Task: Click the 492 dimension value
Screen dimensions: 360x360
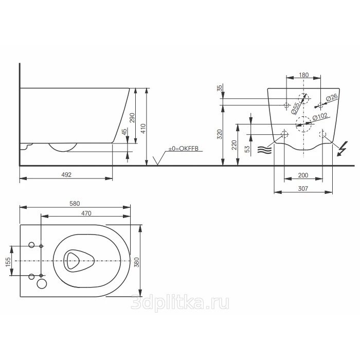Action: click(x=66, y=175)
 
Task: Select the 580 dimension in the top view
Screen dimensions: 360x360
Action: click(x=75, y=204)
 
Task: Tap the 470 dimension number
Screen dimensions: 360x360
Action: click(x=86, y=213)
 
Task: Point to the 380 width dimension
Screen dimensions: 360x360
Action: click(x=137, y=262)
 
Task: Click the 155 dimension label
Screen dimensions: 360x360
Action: click(x=8, y=262)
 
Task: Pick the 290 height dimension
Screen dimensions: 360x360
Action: click(x=132, y=118)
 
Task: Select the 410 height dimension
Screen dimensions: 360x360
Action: click(x=143, y=129)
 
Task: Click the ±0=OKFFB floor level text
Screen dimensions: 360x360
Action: click(x=184, y=149)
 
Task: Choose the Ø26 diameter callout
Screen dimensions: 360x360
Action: click(x=332, y=98)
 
